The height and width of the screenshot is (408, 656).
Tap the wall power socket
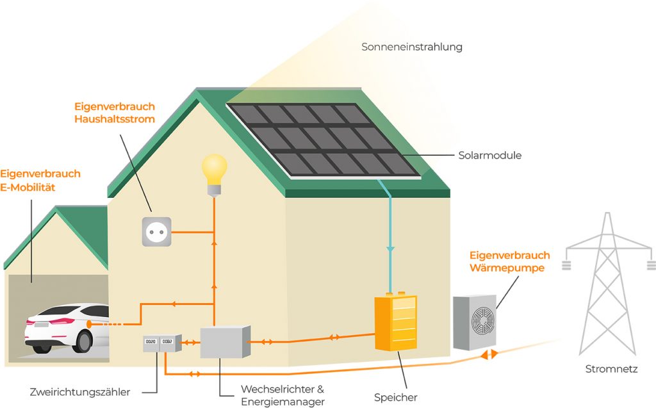(157, 231)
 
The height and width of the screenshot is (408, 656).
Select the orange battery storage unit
(395, 323)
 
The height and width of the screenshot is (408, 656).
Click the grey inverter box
(224, 342)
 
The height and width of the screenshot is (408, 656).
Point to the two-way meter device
(160, 344)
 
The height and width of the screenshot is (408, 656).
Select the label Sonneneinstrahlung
(411, 47)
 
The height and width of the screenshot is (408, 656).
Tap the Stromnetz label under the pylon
(611, 370)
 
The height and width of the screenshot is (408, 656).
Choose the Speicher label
(396, 398)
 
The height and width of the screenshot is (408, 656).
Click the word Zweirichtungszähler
(80, 391)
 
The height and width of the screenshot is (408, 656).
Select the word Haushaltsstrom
(114, 119)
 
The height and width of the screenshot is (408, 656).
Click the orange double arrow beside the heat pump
(488, 354)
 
